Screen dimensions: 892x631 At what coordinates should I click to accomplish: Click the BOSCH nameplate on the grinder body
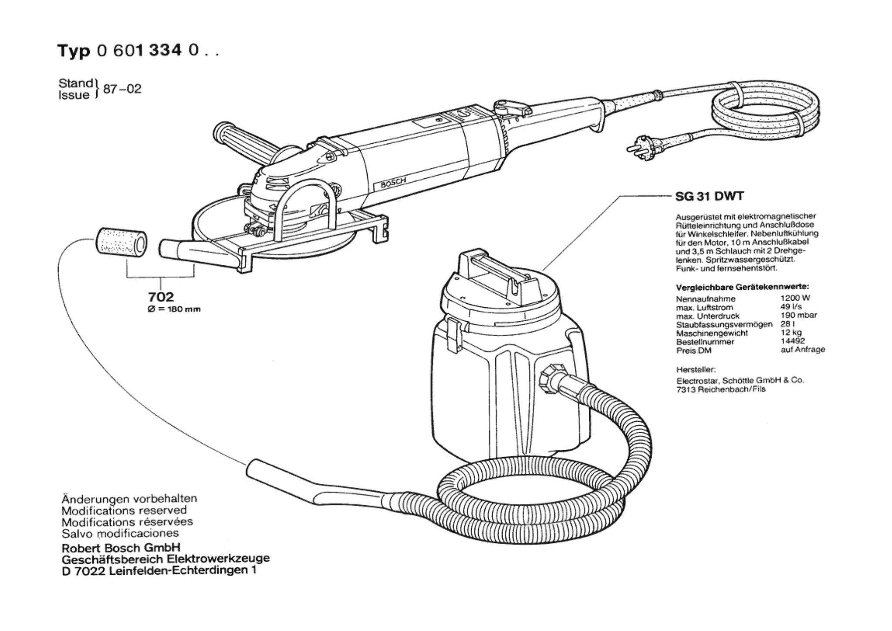coord(393,181)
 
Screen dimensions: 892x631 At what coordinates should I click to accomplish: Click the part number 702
coord(161,297)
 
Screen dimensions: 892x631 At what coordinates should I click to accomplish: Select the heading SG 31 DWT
coord(710,197)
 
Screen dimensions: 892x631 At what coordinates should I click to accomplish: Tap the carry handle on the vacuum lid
coord(497,272)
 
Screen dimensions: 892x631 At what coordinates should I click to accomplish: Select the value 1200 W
coord(795,298)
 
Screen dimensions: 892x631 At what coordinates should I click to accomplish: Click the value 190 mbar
coord(799,315)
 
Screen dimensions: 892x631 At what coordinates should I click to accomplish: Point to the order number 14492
coord(793,341)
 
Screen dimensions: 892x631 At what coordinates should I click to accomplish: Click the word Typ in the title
coord(74,51)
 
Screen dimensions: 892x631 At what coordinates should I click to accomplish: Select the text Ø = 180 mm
coord(174,309)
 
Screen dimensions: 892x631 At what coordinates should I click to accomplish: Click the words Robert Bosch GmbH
coord(121,548)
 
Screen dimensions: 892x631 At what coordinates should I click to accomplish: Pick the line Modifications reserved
coord(124,510)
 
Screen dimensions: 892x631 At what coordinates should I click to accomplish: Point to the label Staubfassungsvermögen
coord(724,325)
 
